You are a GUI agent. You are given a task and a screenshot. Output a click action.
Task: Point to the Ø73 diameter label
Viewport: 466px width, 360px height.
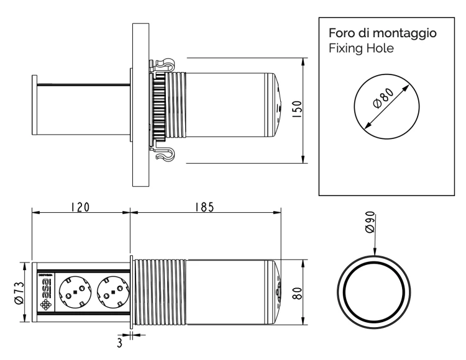[19, 291]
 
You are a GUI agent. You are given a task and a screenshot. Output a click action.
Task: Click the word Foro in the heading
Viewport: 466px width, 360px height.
[340, 33]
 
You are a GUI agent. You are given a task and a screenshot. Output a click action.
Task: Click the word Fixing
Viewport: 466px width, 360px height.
[344, 48]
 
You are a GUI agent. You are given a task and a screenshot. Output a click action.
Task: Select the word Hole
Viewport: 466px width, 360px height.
[380, 48]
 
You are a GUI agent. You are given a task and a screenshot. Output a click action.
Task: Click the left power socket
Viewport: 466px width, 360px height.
[74, 291]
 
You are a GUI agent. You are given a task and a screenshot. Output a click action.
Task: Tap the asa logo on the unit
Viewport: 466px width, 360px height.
[45, 291]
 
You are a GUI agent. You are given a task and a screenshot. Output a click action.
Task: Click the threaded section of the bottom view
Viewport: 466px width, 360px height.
[158, 291]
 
